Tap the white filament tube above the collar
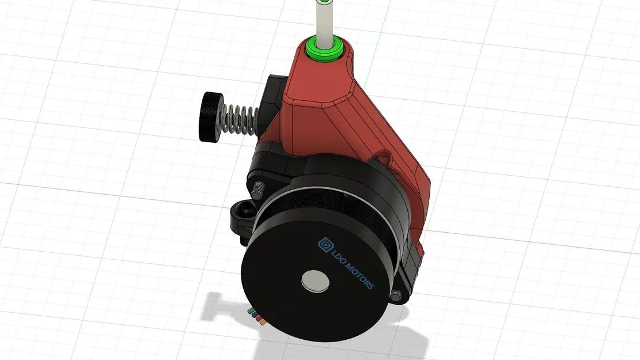tap(323, 20)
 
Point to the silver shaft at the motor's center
tap(315, 281)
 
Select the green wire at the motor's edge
tap(251, 312)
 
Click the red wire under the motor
tap(259, 320)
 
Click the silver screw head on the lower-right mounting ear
tap(396, 295)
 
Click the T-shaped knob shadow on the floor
tap(219, 305)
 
